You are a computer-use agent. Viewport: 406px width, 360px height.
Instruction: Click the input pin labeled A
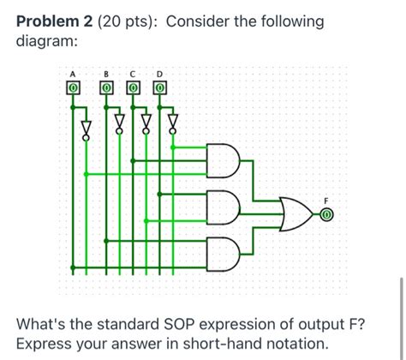pyautogui.click(x=73, y=87)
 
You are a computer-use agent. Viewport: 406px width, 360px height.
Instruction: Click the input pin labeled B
pyautogui.click(x=108, y=87)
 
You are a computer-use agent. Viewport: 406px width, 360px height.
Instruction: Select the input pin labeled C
pyautogui.click(x=134, y=87)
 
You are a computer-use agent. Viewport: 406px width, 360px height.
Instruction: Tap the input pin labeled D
pyautogui.click(x=159, y=87)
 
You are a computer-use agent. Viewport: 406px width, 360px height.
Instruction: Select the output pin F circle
pyautogui.click(x=325, y=215)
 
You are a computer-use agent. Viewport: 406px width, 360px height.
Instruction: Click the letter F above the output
pyautogui.click(x=325, y=201)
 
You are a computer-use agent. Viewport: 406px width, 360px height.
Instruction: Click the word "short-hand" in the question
pyautogui.click(x=230, y=344)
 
